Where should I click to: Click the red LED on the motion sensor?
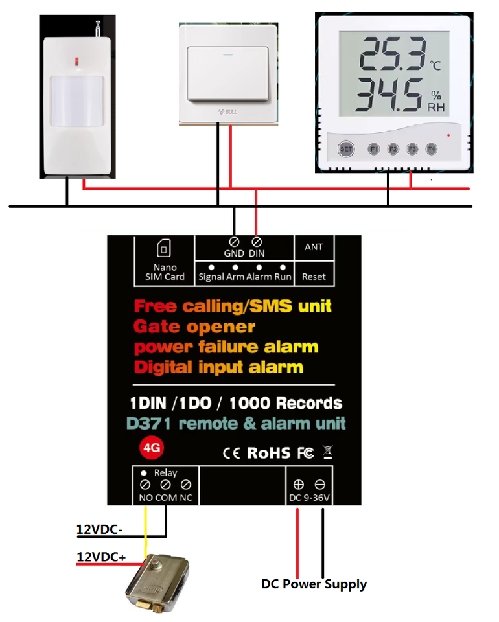coord(76,62)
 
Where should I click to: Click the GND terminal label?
coord(234,253)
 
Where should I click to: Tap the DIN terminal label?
coord(257,253)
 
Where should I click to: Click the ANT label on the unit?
coord(314,247)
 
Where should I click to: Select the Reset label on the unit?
coord(314,277)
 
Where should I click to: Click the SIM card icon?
coord(164,248)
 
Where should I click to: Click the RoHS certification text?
coord(268,453)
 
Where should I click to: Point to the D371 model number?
coord(150,424)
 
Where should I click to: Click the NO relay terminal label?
coord(145,498)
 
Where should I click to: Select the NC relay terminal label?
coord(186,498)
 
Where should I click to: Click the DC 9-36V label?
coord(308,498)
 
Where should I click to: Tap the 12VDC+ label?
coord(101,557)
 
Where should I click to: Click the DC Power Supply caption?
coord(314,584)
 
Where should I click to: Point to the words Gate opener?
coord(194,326)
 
